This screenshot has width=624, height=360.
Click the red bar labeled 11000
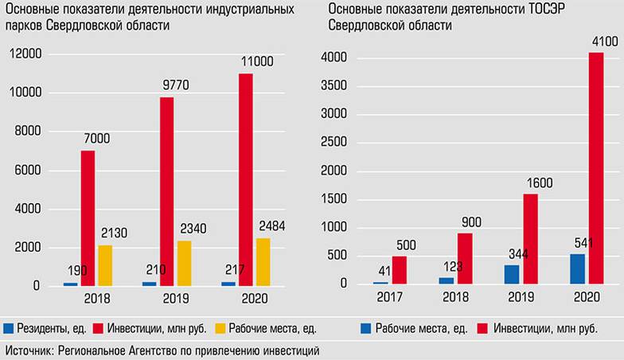coord(245,179)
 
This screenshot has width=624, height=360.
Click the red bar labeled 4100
coord(596,168)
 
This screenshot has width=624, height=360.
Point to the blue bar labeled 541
coord(577,268)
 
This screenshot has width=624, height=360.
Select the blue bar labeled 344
coord(512,274)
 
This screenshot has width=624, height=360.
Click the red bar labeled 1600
coord(531,239)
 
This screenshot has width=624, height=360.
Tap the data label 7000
coord(96,138)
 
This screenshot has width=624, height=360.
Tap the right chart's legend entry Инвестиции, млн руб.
coord(537,327)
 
